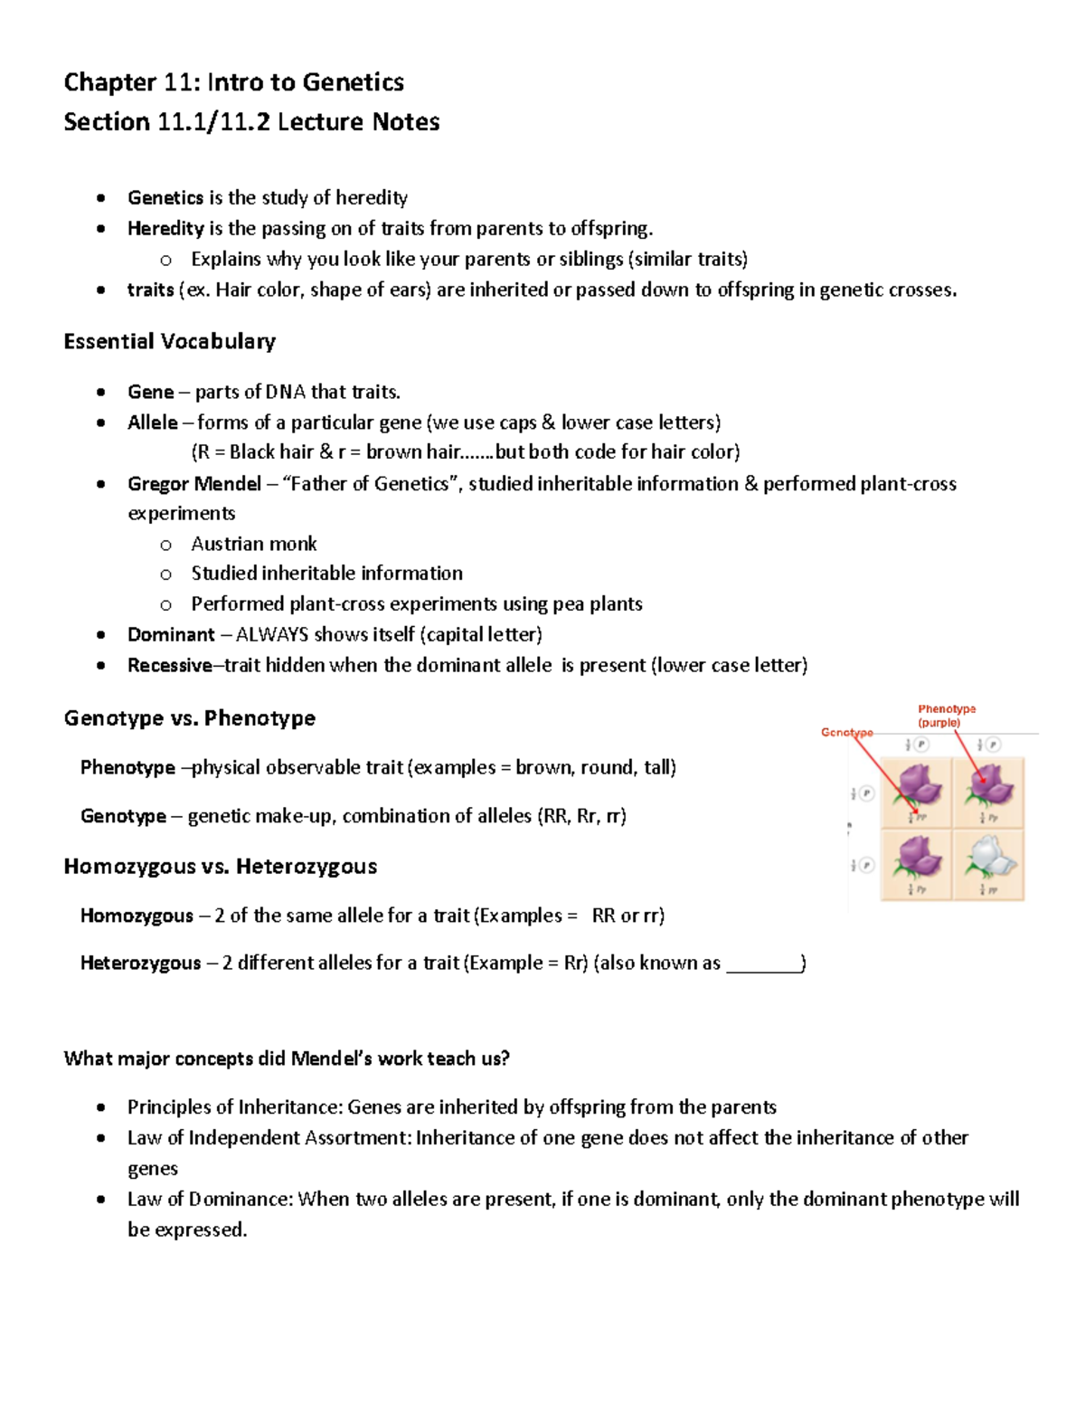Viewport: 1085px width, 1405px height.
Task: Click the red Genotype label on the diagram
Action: (x=846, y=732)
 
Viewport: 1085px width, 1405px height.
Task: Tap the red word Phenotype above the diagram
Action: (x=947, y=709)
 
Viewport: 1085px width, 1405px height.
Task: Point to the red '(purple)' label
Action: (x=939, y=723)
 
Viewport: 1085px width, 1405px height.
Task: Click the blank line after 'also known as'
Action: (x=764, y=964)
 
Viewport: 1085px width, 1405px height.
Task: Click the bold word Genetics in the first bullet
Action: (x=165, y=198)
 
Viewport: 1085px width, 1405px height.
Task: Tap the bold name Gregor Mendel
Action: (x=194, y=484)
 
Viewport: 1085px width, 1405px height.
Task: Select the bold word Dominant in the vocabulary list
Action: (x=171, y=635)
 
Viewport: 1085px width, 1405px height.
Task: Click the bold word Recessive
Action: (x=169, y=666)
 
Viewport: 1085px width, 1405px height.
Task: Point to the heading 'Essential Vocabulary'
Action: (x=170, y=342)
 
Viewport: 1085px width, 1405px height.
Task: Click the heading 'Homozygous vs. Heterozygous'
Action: (x=221, y=867)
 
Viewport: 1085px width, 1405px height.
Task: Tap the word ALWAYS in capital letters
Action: (x=271, y=635)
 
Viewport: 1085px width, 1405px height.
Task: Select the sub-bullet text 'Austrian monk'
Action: (x=254, y=545)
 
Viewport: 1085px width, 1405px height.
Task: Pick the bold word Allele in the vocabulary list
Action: (x=153, y=422)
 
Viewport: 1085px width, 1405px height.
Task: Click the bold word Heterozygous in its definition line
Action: (x=140, y=964)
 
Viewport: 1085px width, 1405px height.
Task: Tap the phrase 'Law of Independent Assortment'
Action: (x=269, y=1138)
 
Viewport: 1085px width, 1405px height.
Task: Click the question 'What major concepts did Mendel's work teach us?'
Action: (x=287, y=1059)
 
